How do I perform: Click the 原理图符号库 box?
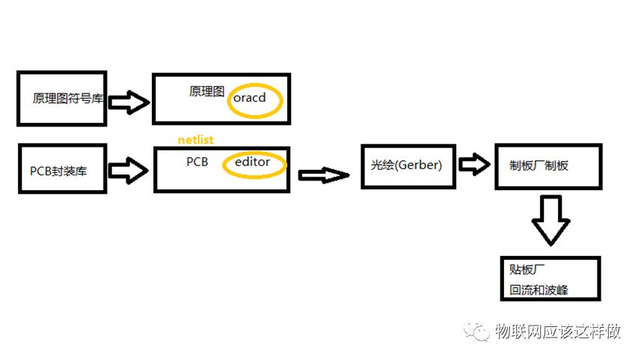pyautogui.click(x=62, y=98)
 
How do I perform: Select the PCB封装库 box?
pyautogui.click(x=62, y=170)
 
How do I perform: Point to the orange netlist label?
pyautogui.click(x=195, y=139)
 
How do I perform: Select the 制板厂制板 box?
pyautogui.click(x=548, y=165)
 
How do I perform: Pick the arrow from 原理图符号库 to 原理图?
pyautogui.click(x=129, y=103)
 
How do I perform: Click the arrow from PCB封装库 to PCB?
pyautogui.click(x=129, y=169)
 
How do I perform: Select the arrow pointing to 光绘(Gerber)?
pyautogui.click(x=324, y=175)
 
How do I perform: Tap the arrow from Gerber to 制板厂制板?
pyautogui.click(x=472, y=164)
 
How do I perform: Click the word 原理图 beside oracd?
pyautogui.click(x=206, y=91)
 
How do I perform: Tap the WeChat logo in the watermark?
pyautogui.click(x=476, y=331)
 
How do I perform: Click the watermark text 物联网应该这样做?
pyautogui.click(x=558, y=332)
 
